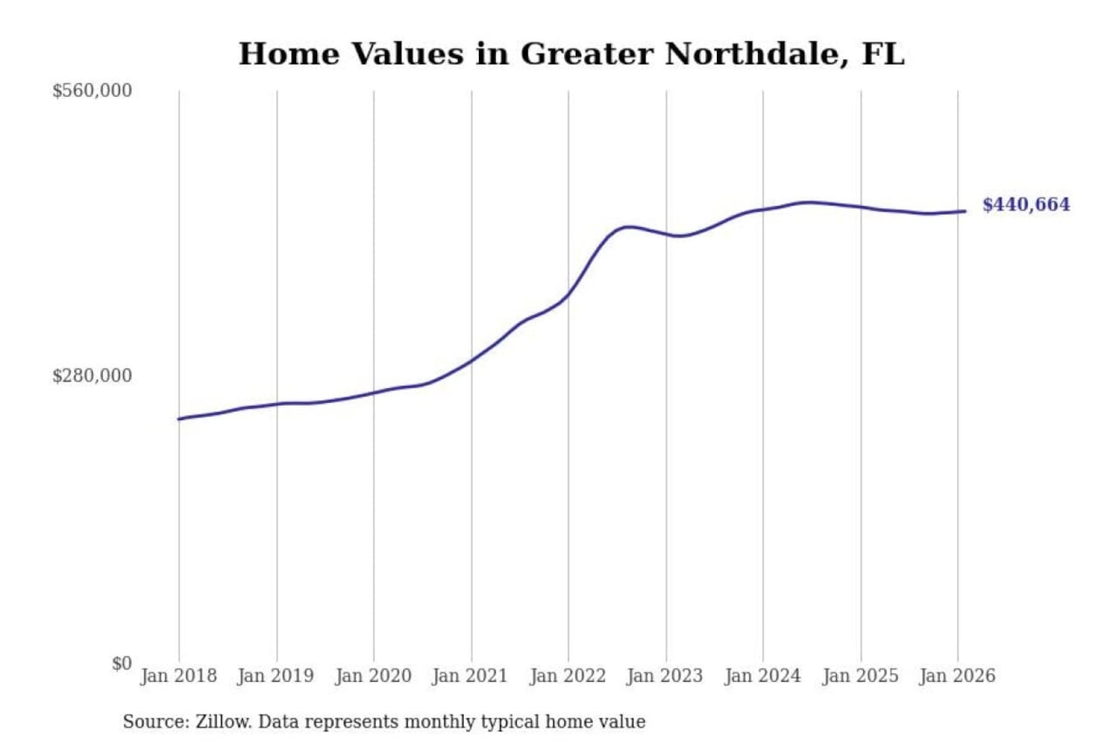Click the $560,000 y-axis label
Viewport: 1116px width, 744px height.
(91, 91)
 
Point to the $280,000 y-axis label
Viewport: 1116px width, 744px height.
(91, 376)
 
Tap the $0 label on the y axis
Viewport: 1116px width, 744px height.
(121, 663)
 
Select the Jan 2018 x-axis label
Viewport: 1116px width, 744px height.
(178, 676)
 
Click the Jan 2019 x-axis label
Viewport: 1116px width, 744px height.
(276, 676)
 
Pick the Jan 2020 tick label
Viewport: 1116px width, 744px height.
(373, 676)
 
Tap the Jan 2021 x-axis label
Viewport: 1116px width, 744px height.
(470, 676)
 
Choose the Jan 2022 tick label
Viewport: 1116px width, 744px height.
(567, 676)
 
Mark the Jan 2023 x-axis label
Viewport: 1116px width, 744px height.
(664, 676)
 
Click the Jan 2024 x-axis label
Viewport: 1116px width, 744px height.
(762, 676)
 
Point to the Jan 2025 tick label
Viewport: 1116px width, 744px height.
(859, 676)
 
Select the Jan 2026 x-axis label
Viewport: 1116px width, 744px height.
(956, 676)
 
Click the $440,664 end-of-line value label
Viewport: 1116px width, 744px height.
(1025, 205)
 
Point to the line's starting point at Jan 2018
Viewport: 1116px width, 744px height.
(179, 419)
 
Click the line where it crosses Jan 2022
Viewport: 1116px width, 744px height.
(568, 294)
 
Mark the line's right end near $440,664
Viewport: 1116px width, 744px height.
(964, 211)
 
